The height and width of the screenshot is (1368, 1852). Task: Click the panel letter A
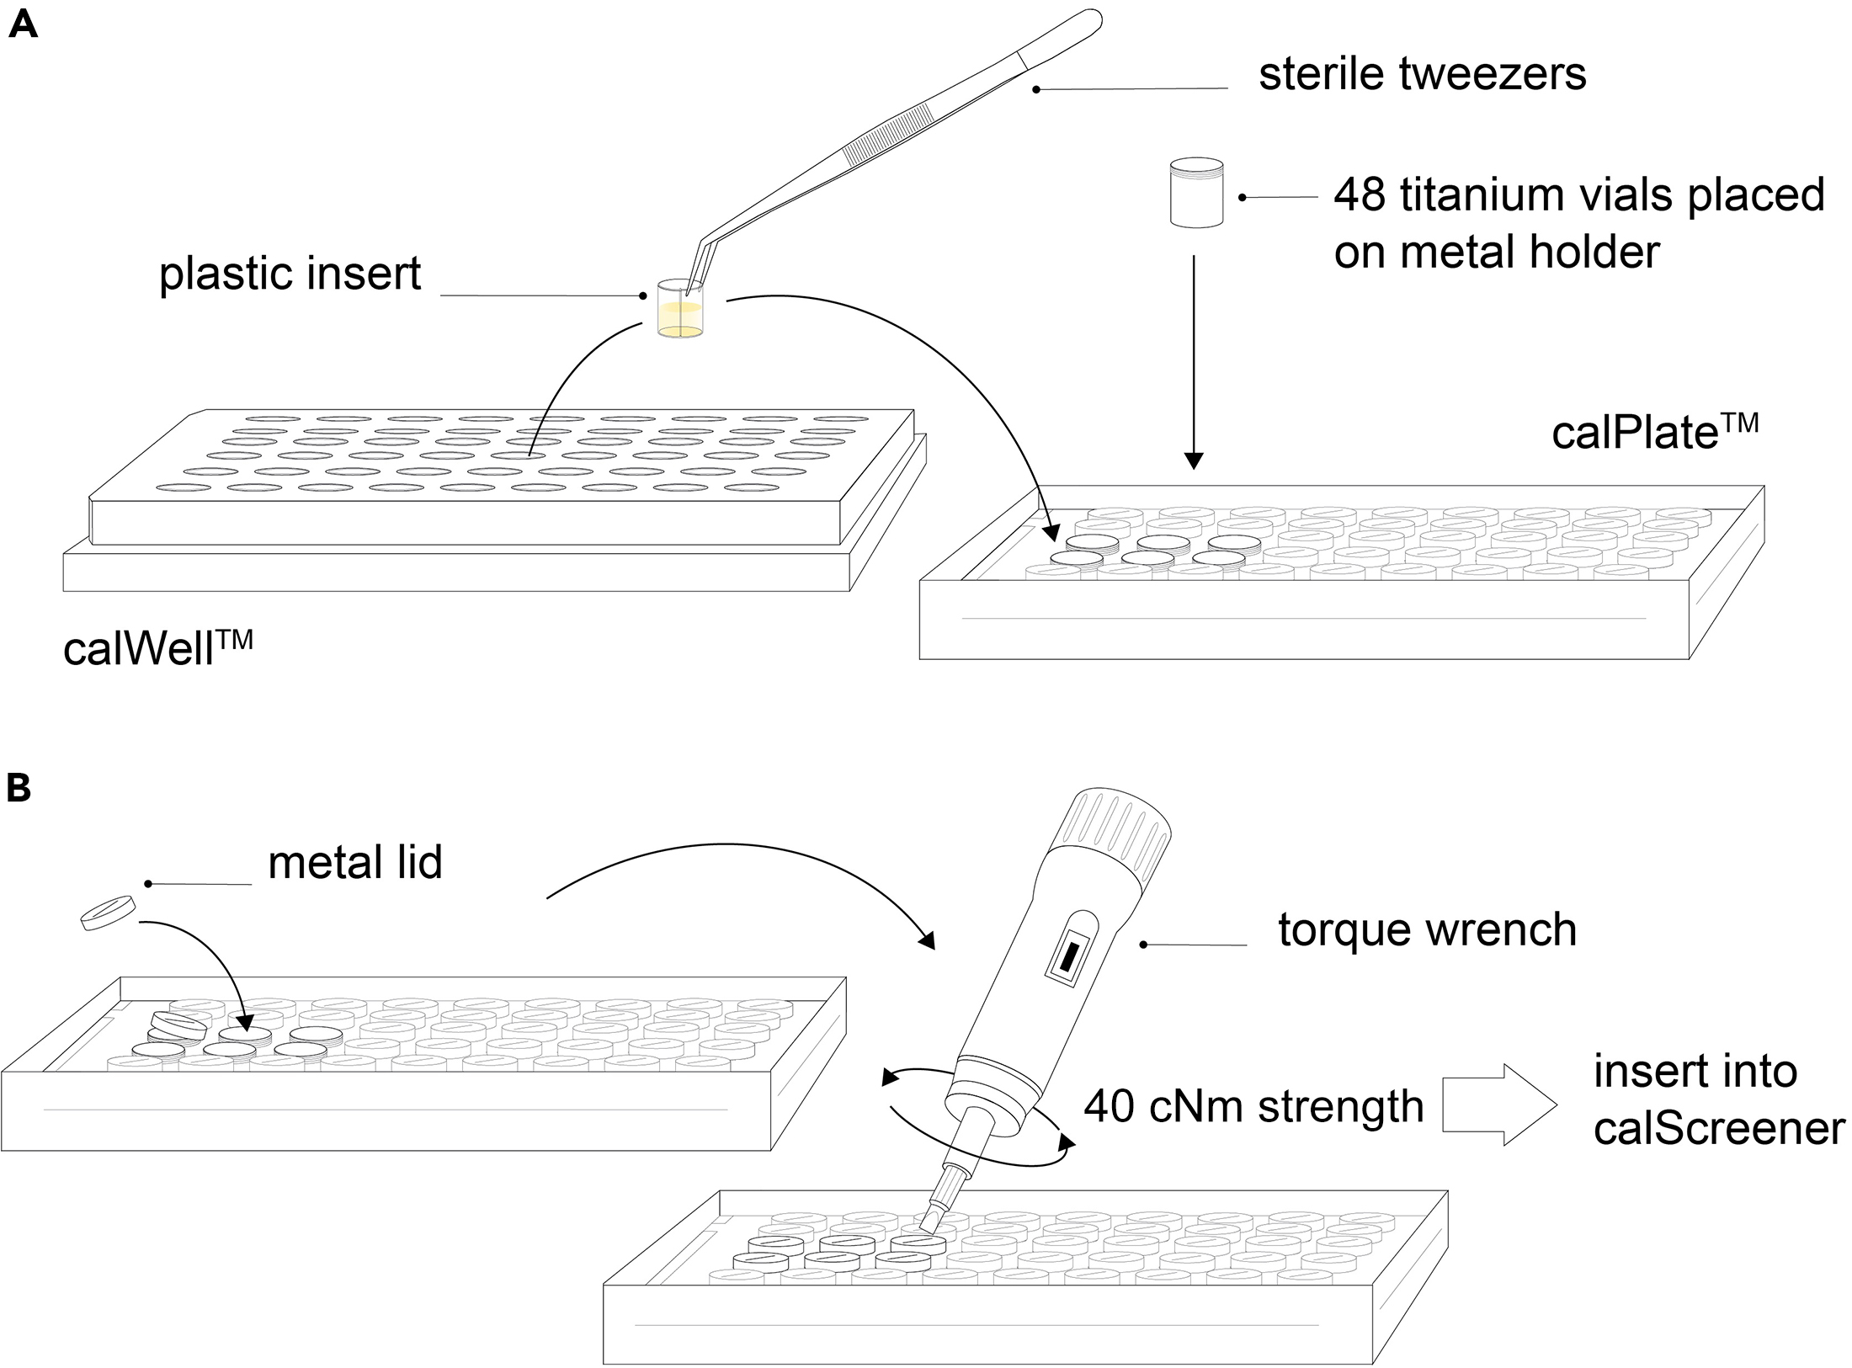click(23, 24)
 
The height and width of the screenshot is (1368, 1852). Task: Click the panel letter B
click(18, 788)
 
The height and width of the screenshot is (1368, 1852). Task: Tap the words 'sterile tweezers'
click(1422, 74)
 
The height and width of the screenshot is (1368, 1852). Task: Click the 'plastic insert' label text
click(290, 274)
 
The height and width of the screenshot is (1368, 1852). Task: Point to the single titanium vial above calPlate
click(1196, 193)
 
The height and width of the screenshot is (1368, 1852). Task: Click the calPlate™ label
click(1653, 433)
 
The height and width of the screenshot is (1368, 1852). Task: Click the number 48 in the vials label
click(1359, 195)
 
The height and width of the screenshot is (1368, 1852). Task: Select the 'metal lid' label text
click(354, 863)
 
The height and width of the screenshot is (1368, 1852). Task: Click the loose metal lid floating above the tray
click(108, 913)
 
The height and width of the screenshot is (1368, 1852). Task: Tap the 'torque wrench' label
click(1427, 929)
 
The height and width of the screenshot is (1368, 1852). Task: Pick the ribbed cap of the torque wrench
click(1114, 838)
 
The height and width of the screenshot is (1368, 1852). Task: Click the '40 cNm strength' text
click(1253, 1106)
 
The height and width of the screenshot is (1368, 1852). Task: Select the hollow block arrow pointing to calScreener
click(1499, 1105)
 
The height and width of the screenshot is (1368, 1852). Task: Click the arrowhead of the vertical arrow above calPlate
click(1193, 460)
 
